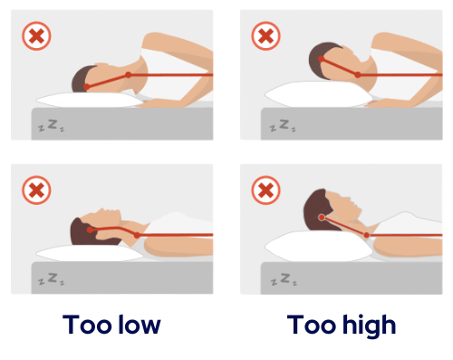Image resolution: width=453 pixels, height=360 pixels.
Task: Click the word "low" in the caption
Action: click(140, 325)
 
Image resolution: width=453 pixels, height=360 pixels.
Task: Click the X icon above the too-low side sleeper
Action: click(36, 35)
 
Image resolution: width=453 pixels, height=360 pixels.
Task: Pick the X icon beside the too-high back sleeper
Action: click(265, 190)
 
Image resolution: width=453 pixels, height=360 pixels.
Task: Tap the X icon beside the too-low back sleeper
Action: click(36, 190)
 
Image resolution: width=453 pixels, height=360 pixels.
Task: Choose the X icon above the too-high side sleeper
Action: click(265, 35)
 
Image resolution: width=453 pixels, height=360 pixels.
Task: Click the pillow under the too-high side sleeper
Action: click(319, 94)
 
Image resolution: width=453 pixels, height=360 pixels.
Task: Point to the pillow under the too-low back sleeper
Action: click(90, 253)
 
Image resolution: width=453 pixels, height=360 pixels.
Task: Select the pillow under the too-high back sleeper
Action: click(319, 247)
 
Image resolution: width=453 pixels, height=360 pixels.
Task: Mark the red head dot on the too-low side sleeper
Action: click(86, 87)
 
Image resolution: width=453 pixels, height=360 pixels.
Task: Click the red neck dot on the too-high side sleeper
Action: click(358, 74)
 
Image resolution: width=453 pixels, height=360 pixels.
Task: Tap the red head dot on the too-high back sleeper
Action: click(322, 218)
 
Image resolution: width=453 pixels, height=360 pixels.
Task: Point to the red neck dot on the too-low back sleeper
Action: click(137, 235)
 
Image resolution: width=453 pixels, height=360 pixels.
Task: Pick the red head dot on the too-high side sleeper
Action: click(321, 59)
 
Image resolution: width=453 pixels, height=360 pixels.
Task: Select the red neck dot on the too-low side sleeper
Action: click(129, 74)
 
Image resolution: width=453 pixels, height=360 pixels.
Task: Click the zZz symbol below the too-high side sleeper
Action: click(283, 125)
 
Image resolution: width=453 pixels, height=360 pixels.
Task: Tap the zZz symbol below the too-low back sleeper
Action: click(52, 279)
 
